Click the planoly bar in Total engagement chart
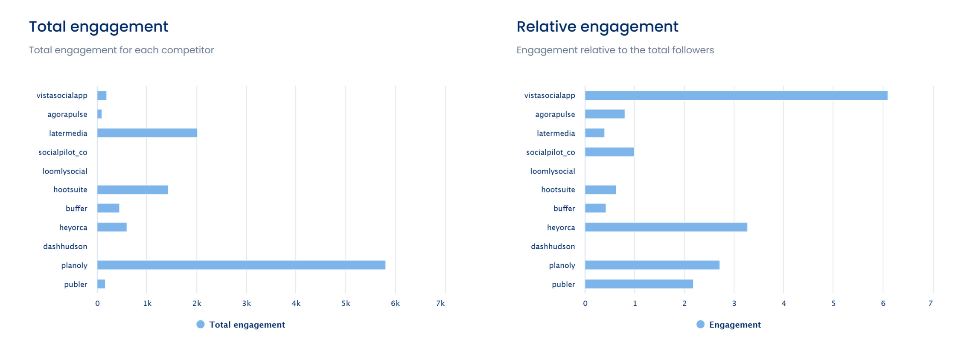click(x=241, y=265)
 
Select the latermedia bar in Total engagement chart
click(x=147, y=133)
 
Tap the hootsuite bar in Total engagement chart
click(x=133, y=190)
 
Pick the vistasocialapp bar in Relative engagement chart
click(x=736, y=96)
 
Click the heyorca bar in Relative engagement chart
click(x=666, y=227)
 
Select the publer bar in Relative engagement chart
click(x=639, y=284)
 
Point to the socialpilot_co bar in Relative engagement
click(x=609, y=152)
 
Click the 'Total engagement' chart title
click(x=99, y=26)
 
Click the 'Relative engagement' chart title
click(x=597, y=26)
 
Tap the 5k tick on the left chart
click(x=346, y=303)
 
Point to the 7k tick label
click(x=440, y=303)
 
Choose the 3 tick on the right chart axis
click(x=734, y=303)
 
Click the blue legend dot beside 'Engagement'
click(x=700, y=325)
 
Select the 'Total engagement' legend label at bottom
click(x=247, y=325)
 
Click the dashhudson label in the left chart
click(x=65, y=247)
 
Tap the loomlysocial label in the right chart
click(x=553, y=171)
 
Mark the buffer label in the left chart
click(x=76, y=209)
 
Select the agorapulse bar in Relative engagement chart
click(x=605, y=114)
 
